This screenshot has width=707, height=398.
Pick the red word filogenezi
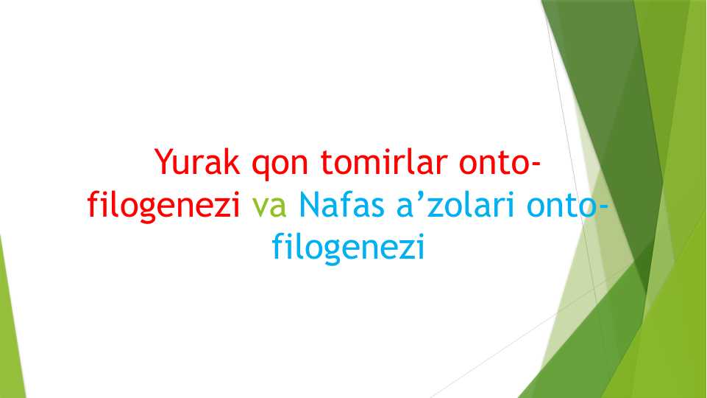click(x=166, y=205)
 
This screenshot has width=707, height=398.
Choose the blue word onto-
click(x=567, y=204)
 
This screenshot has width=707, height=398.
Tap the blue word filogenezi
click(x=349, y=246)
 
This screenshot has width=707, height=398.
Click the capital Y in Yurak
click(x=164, y=162)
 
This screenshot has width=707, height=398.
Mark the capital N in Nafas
click(x=309, y=204)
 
